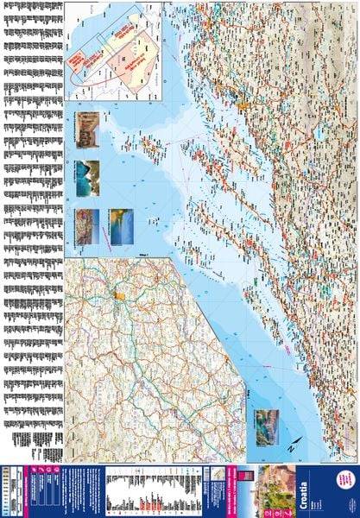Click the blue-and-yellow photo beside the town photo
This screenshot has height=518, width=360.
[x=119, y=226]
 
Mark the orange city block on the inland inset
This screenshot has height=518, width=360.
[x=120, y=297]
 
